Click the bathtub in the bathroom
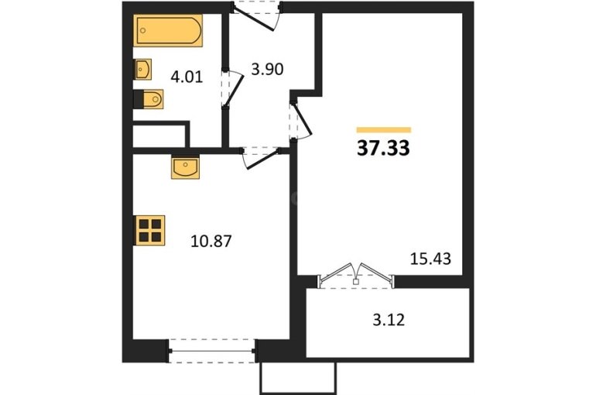tap(168, 31)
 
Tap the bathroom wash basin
tap(142, 69)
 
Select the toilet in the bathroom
tap(149, 99)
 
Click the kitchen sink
tap(185, 167)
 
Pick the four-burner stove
tap(149, 230)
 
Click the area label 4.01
tap(187, 77)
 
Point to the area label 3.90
tap(268, 70)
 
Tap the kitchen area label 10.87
tap(211, 242)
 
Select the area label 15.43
tap(430, 259)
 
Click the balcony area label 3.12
tap(389, 320)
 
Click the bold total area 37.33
tap(383, 148)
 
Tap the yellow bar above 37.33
tap(384, 130)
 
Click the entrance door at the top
tap(257, 15)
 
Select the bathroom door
tap(232, 88)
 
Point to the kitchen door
tap(262, 158)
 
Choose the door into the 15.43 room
tap(300, 120)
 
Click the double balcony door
tap(356, 275)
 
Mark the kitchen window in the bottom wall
tap(212, 351)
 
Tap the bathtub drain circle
tap(143, 30)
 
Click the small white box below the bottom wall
tap(298, 378)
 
